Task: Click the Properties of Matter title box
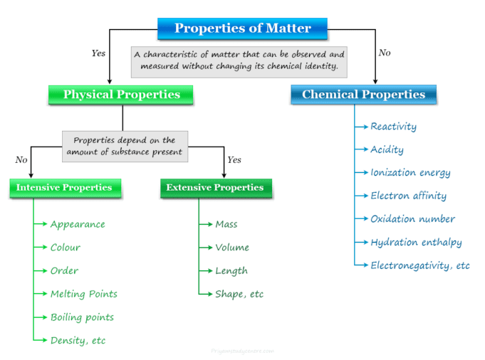(243, 29)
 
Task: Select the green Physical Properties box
(122, 95)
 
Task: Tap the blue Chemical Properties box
(363, 95)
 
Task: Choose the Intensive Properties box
(64, 188)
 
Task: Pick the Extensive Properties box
(214, 188)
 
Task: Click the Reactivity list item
(393, 127)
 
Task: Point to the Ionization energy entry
(410, 173)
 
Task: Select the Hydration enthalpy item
(416, 243)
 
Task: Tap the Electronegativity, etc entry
(420, 265)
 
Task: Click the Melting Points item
(83, 294)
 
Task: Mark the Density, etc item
(78, 341)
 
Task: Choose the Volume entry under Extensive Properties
(232, 248)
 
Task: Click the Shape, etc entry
(239, 294)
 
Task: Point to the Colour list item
(65, 248)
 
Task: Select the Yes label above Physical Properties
(98, 53)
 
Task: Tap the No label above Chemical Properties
(385, 53)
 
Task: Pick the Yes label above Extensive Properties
(234, 160)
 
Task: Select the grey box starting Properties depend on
(125, 146)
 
